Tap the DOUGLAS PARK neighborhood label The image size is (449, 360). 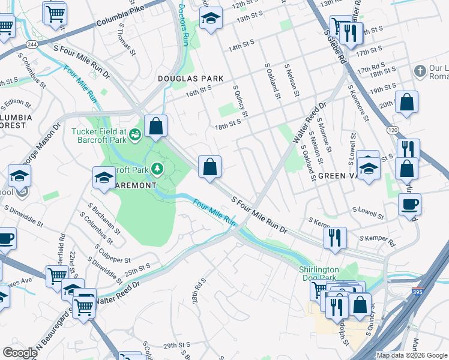(190, 79)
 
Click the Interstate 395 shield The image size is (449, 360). (417, 292)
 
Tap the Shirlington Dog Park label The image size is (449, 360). (319, 274)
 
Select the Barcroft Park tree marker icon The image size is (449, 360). (157, 169)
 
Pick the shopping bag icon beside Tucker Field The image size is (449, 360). (155, 127)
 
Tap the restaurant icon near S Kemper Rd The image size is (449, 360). (335, 238)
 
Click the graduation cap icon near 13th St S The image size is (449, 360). (211, 19)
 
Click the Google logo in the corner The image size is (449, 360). (20, 353)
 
